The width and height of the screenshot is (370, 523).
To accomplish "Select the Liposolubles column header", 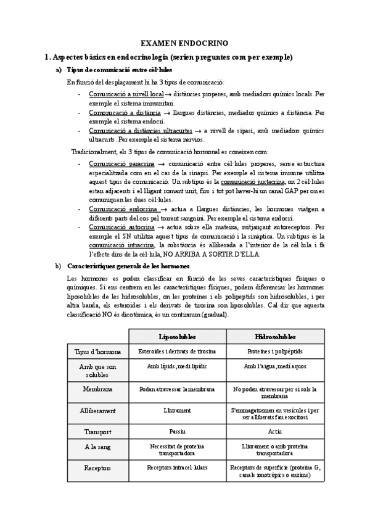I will click(177, 337).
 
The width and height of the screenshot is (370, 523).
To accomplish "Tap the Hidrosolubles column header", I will click(274, 337).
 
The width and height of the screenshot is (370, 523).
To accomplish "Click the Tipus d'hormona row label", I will click(97, 352).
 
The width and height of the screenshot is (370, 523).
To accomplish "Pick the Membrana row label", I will click(97, 389).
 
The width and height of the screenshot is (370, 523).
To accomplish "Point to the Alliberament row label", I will click(97, 410).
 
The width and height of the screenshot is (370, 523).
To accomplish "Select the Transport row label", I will click(97, 432).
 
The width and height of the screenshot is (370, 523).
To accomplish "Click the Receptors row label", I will click(97, 468).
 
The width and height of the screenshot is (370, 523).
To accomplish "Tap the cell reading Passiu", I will click(177, 432).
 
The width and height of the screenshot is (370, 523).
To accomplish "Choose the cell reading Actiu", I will click(274, 432).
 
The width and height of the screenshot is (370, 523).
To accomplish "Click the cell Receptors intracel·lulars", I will click(177, 468).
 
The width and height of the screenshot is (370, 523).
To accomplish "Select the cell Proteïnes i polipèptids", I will click(274, 352).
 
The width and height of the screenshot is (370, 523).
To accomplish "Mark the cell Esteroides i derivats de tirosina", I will click(177, 352).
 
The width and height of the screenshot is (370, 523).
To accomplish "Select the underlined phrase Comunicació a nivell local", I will click(126, 94).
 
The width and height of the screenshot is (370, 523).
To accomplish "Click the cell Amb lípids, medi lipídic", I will click(177, 366).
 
